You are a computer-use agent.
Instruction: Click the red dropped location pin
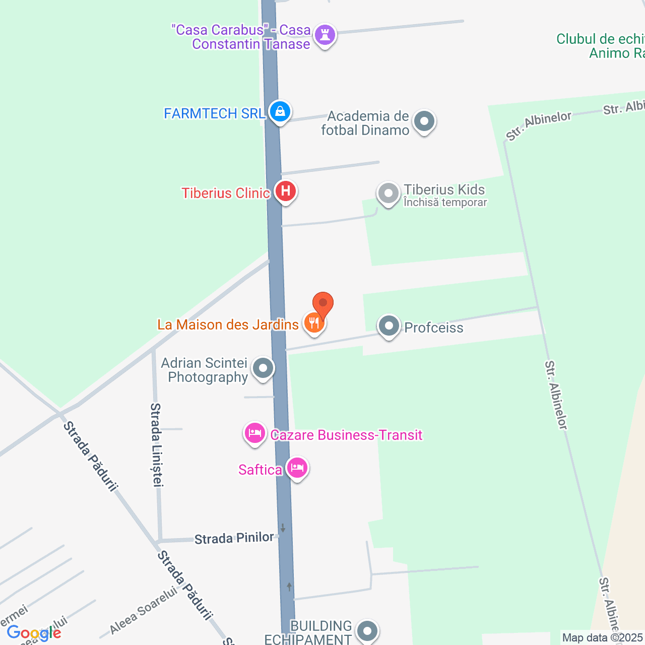[323, 304]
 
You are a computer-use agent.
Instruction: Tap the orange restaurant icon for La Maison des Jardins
[314, 322]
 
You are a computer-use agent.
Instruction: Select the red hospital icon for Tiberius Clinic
[286, 191]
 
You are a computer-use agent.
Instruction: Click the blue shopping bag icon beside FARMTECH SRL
[280, 111]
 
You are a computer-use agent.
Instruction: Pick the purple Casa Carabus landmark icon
[325, 35]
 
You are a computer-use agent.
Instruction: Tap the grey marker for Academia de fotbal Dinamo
[424, 121]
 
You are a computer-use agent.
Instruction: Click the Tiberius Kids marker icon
[388, 193]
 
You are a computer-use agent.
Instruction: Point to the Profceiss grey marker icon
[389, 326]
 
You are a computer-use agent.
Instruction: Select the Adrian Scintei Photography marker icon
[263, 368]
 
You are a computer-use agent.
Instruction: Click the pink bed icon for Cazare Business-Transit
[255, 433]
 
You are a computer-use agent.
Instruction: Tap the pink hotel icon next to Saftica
[297, 468]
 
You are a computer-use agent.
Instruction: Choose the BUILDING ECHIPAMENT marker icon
[367, 630]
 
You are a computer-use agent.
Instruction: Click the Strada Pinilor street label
[234, 538]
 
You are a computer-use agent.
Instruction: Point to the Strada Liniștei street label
[157, 444]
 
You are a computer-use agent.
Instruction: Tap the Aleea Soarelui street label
[144, 611]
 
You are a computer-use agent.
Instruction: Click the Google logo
[34, 633]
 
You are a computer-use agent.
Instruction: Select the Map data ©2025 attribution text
[603, 638]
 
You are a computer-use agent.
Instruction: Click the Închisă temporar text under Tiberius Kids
[445, 203]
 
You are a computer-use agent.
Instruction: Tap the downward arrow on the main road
[283, 528]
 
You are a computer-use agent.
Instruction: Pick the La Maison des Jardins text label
[228, 325]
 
